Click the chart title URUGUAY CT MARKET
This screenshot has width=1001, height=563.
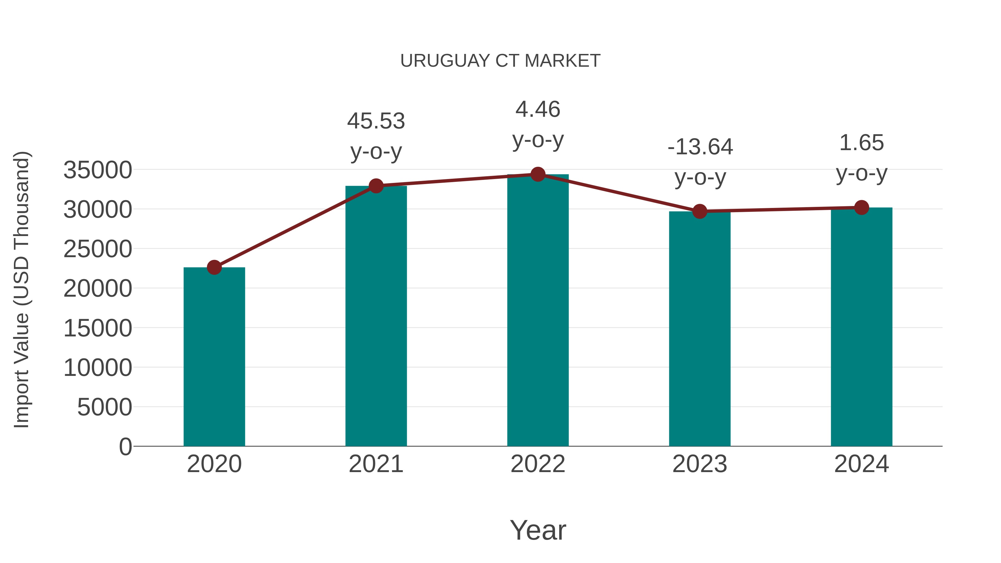coord(500,61)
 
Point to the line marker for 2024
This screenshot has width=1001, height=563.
coord(861,207)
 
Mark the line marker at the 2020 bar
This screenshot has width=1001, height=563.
coord(214,267)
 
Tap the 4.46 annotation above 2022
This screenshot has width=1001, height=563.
coord(538,109)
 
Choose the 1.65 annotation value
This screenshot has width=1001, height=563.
coord(861,143)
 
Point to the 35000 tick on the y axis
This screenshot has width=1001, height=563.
coord(98,170)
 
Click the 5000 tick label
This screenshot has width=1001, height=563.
coord(105,407)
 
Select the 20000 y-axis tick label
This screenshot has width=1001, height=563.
coord(98,289)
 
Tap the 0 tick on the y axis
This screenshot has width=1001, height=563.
coord(125,447)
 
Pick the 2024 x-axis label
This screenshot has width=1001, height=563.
coord(861,464)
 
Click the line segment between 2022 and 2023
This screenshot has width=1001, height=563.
coord(619,193)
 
